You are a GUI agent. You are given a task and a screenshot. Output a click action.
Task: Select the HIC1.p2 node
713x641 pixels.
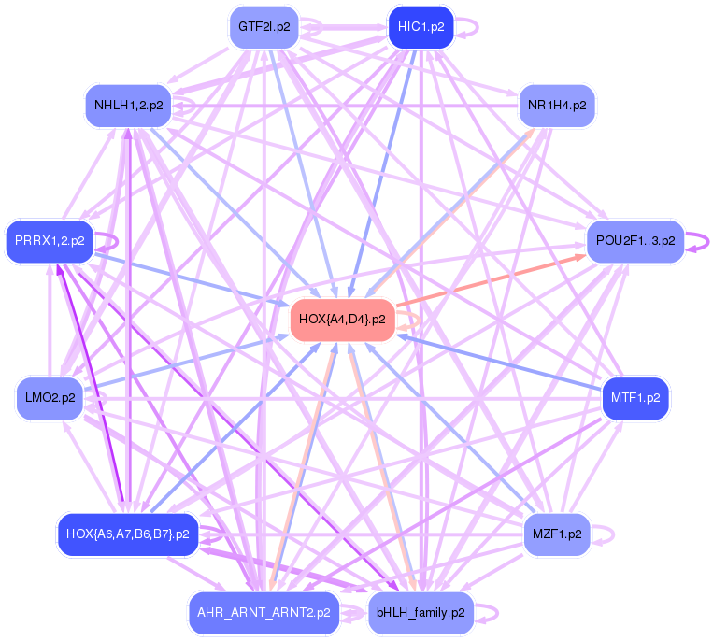point(421,26)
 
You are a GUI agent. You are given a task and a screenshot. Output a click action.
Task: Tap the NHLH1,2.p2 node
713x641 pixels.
point(129,105)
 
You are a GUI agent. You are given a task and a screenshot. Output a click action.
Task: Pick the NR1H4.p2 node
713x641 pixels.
point(557,105)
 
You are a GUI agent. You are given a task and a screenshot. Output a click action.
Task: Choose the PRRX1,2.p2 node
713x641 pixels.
point(50,241)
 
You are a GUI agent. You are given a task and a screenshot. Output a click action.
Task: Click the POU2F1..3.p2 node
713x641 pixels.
point(635,241)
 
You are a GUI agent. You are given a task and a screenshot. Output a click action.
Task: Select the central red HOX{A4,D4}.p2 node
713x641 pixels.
point(342,320)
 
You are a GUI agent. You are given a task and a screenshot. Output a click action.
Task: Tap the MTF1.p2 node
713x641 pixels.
point(635,398)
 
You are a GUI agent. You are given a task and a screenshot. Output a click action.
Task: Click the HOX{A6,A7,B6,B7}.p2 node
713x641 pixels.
point(128,534)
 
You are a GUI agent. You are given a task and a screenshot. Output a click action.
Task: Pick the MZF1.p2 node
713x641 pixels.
point(557,534)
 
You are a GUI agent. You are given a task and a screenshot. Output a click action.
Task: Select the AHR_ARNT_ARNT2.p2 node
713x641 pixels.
point(264,613)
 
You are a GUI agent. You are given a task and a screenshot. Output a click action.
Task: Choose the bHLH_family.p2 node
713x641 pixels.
point(421,613)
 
